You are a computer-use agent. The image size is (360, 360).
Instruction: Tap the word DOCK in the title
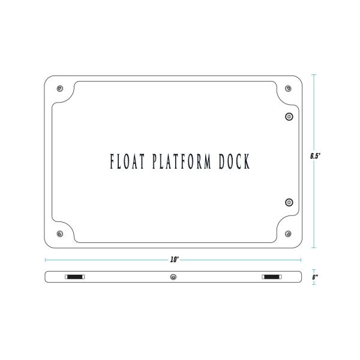click(232, 162)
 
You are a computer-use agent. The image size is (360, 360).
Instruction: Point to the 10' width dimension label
click(174, 260)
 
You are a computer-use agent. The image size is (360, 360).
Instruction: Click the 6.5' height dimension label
click(314, 156)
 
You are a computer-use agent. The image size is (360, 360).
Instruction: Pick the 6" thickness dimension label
click(314, 277)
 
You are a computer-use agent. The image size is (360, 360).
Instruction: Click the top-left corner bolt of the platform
click(59, 89)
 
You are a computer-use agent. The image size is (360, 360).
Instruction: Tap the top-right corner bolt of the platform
click(289, 89)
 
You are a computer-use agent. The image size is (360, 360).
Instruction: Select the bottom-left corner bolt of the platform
click(59, 233)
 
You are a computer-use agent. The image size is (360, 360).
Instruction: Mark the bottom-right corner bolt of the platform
click(289, 233)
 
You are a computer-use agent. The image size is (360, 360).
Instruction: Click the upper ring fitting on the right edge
click(289, 116)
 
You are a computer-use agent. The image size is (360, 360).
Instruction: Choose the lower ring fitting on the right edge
click(289, 202)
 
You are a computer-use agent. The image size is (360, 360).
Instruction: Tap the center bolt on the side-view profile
click(173, 277)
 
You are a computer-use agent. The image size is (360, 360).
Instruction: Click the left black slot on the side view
click(75, 277)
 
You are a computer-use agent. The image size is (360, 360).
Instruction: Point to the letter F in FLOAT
click(112, 162)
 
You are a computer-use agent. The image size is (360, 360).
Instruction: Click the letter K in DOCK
click(246, 162)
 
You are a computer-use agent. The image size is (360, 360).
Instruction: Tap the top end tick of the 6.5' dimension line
click(313, 74)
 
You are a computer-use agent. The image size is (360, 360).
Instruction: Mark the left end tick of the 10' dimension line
click(46, 260)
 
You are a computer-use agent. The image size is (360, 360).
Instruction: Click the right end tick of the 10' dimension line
click(301, 260)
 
